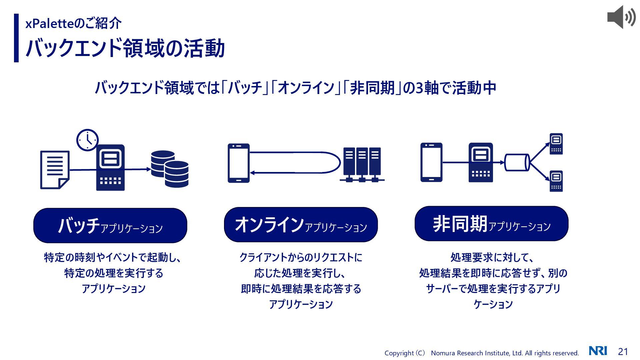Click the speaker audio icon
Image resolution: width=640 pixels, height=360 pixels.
coord(621,17)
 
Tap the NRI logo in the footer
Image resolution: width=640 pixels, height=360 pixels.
coord(598,351)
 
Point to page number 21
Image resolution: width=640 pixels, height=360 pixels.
coord(623,351)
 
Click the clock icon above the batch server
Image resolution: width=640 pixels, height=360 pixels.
coord(87,140)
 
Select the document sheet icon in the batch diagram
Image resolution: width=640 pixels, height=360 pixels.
coord(55,170)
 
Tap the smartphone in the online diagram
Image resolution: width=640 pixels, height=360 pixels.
coord(239,163)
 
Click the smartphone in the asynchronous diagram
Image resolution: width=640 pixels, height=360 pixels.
coord(431,162)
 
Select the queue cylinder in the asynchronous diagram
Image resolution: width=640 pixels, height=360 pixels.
coord(517,162)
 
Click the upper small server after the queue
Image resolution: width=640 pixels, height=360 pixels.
coord(556,144)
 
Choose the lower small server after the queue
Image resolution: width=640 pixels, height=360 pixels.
coord(556,181)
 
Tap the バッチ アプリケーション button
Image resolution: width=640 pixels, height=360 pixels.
coord(110,226)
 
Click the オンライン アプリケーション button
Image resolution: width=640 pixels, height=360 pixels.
coord(301,225)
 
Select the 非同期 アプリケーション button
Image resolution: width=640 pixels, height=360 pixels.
coord(491,224)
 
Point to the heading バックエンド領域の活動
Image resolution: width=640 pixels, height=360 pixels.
coord(125,48)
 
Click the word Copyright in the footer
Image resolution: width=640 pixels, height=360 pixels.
coord(399,353)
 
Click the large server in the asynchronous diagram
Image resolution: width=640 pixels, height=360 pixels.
coord(481,162)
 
